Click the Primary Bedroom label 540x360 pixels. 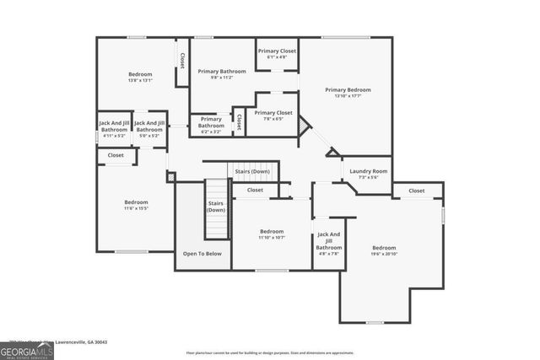[348, 89]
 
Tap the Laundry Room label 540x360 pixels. [367, 171]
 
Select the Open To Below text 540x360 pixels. [202, 253]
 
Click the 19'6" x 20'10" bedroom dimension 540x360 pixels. [384, 254]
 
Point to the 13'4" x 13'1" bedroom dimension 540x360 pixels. [140, 81]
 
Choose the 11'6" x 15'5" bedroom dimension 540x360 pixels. [136, 208]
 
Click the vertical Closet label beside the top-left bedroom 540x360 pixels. [182, 61]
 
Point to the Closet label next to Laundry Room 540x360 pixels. [416, 191]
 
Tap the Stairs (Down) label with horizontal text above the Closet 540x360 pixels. [251, 171]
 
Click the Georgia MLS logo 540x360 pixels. [26, 350]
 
